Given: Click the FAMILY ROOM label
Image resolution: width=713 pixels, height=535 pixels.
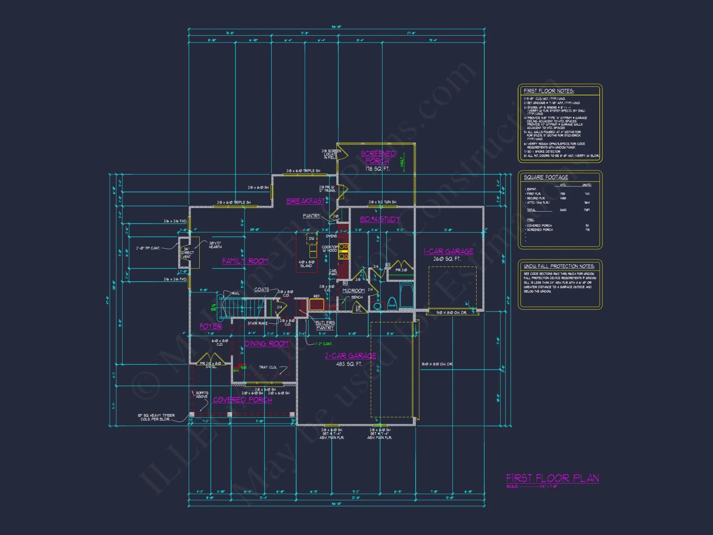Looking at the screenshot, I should pos(245,261).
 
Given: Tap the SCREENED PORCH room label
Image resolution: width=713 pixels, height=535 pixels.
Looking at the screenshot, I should pos(378,157).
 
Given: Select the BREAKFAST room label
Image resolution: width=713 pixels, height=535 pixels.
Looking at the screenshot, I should pos(306,201).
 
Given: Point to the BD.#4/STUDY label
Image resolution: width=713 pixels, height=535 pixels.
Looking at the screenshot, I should pos(380,219).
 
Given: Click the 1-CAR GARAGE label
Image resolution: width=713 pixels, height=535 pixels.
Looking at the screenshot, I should pos(448,251).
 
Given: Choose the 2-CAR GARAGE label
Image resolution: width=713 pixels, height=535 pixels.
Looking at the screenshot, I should pos(350,356).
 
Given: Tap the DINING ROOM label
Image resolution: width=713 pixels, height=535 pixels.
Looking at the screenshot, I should pos(266,343).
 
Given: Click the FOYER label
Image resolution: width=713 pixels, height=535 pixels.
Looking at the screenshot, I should pos(211,326).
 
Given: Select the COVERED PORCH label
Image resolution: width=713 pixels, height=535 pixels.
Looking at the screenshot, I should pos(242,400).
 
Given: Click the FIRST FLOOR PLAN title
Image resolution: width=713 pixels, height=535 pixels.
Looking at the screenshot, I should pos(552,478).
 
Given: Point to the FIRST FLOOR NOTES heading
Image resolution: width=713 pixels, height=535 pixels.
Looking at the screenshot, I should pos(549,91).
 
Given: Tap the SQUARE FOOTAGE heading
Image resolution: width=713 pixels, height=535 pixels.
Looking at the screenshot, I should pos(546,177).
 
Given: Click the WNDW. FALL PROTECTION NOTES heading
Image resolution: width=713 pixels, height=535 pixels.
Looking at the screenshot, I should pos(559,266).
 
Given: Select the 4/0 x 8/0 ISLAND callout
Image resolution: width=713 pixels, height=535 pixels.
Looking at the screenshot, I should pos(306,264).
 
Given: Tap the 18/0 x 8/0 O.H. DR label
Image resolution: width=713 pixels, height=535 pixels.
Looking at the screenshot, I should pos(437,364).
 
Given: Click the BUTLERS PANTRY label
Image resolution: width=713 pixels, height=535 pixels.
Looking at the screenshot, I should pos(325,325).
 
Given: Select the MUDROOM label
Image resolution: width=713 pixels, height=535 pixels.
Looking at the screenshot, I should pos(353,291).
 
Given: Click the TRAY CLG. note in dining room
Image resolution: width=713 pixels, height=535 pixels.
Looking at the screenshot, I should pos(268,367).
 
